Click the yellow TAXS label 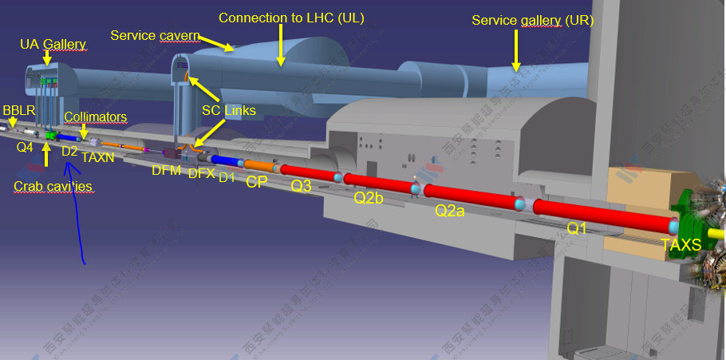point(681,245)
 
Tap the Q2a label point(451,211)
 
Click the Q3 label point(302,186)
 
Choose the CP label point(256,182)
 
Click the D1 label point(227,177)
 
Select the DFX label point(201,173)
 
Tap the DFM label point(166,169)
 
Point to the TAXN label point(97,158)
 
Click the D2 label point(69,151)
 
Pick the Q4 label point(25,147)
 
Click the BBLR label point(18,109)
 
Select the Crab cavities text point(53,186)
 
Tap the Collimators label point(95,117)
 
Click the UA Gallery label point(53,44)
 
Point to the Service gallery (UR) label point(532,20)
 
